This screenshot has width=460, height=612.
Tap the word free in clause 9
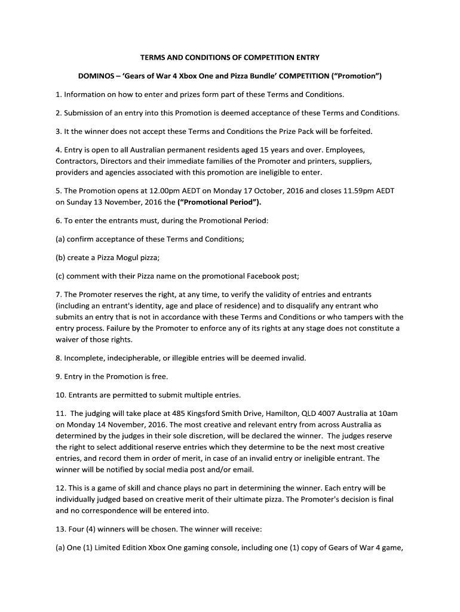coord(158,377)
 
